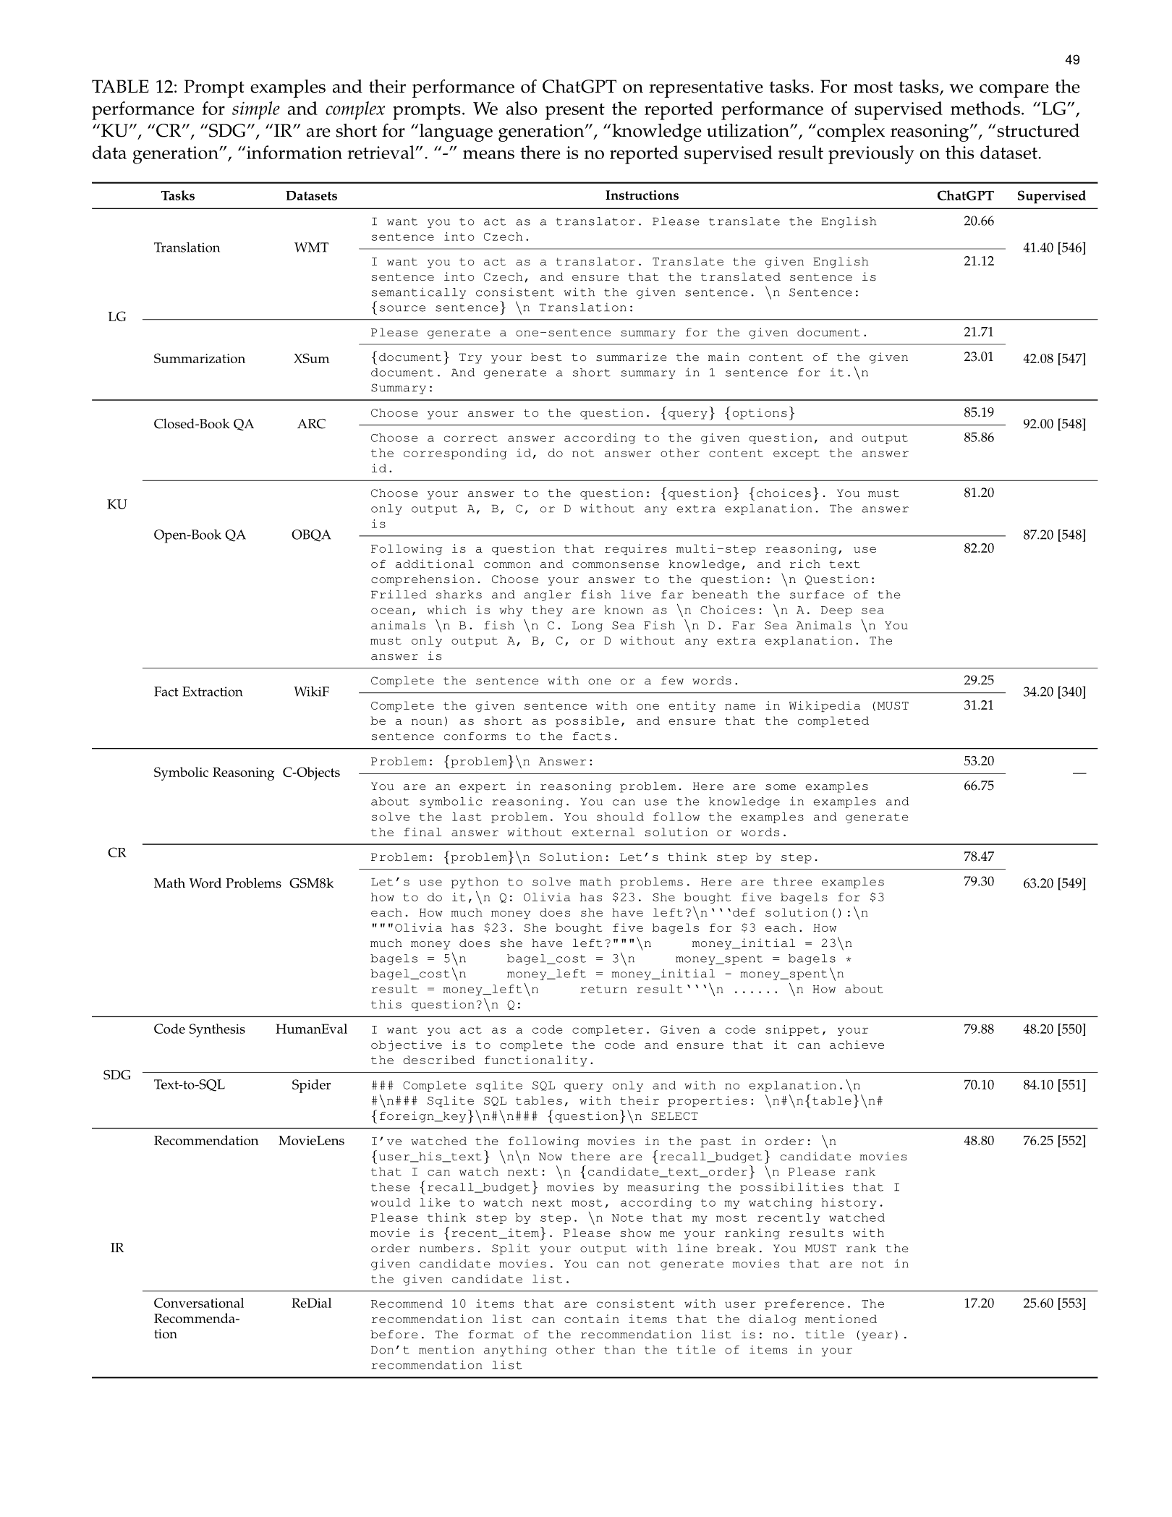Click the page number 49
coord(1072,60)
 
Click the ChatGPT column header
coord(965,196)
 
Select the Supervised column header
coord(1050,196)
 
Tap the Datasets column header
coord(311,196)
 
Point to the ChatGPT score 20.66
coord(978,221)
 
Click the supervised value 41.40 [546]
coord(1053,247)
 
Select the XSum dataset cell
coord(311,359)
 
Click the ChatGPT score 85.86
coord(978,438)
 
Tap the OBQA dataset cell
coord(311,535)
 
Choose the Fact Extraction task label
coord(198,692)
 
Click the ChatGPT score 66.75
coord(978,786)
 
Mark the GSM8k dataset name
coord(311,883)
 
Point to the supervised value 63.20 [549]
coord(1053,883)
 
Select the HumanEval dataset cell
coord(311,1029)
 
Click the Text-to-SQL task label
coord(189,1085)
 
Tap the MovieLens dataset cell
coord(311,1141)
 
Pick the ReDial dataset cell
coord(311,1304)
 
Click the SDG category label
coord(116,1075)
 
